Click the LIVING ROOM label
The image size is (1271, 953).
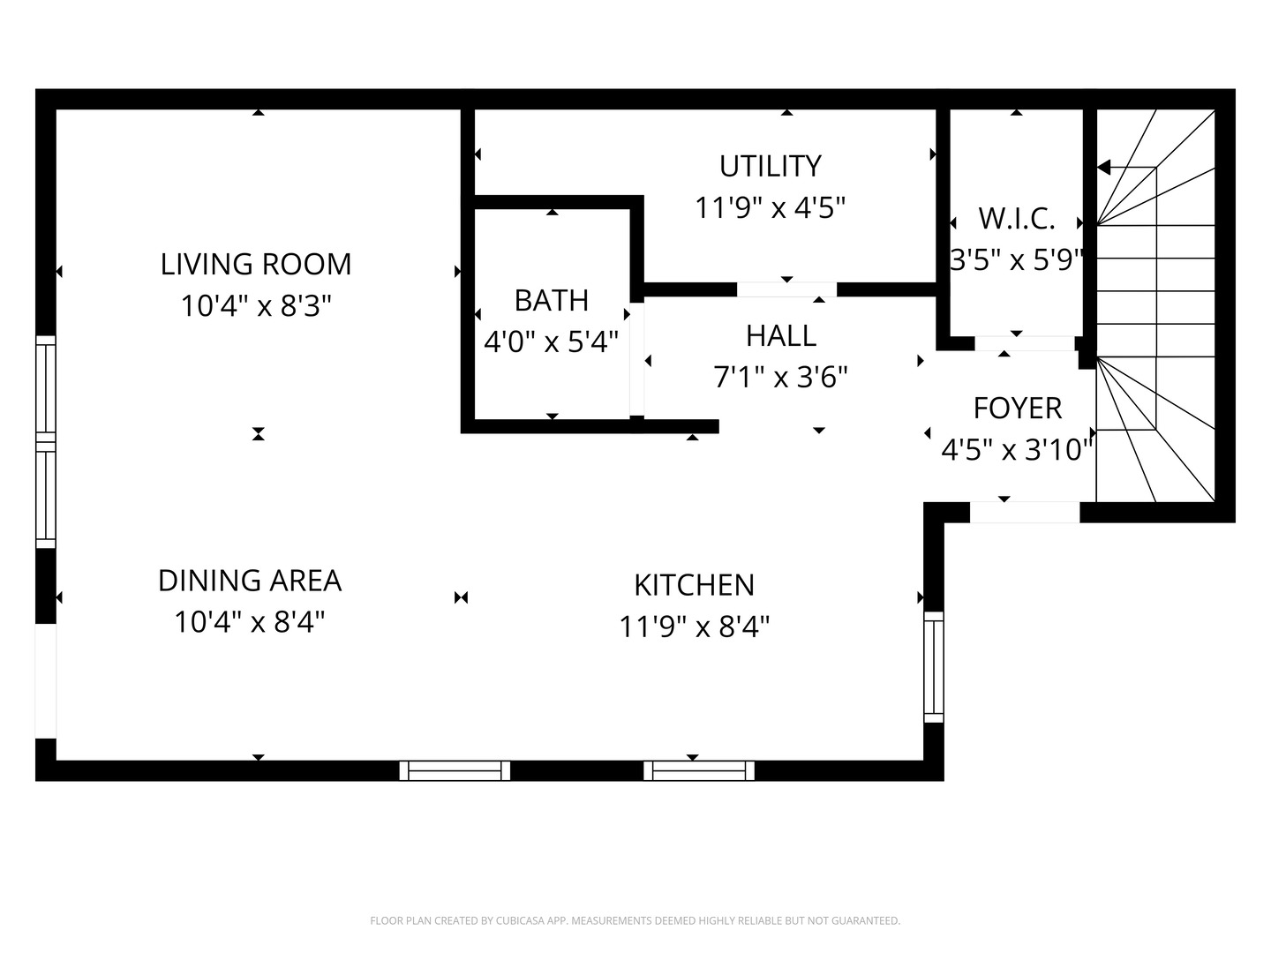256,264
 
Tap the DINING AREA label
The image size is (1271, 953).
250,581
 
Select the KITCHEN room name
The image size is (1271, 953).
694,585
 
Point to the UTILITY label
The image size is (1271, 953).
771,166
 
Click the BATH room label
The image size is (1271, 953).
552,301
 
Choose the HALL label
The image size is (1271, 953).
781,336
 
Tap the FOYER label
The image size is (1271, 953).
1017,409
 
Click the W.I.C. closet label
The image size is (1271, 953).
1016,218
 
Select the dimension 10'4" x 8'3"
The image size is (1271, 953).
256,306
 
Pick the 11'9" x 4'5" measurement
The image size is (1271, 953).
771,208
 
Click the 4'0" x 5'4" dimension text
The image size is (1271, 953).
552,341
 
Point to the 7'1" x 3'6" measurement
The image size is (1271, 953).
781,378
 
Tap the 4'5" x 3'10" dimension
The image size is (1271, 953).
1017,451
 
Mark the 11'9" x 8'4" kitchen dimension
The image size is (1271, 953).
694,627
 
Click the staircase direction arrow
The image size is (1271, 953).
1104,168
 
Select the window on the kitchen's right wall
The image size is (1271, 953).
934,666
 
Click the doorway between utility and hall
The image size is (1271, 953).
786,289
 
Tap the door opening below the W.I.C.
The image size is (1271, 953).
1025,343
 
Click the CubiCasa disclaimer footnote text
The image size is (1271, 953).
635,920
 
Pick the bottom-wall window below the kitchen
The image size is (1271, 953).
699,770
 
